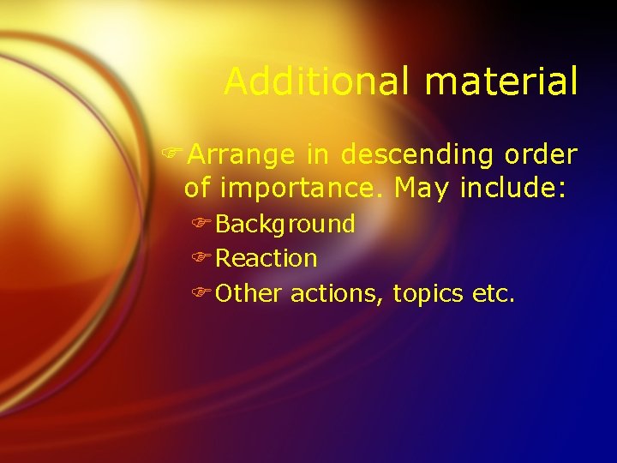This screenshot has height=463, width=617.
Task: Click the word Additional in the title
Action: coord(319,82)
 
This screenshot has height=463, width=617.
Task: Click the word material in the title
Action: coord(501,82)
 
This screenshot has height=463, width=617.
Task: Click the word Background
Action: coord(285,225)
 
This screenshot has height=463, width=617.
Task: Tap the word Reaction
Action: coord(267,258)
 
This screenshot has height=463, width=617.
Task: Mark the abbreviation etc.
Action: coord(494,294)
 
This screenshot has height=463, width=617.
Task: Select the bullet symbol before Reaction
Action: coord(202,258)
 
